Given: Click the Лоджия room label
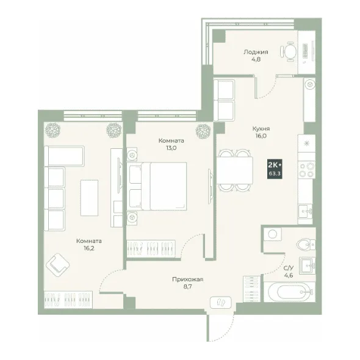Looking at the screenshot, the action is coord(256,52).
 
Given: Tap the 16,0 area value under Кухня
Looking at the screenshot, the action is coord(261,135).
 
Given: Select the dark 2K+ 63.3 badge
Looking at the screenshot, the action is coord(275,169).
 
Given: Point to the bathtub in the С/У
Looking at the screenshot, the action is coord(290,292).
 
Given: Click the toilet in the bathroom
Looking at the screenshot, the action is coord(306,245).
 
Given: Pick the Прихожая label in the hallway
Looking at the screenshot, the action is coord(188,279).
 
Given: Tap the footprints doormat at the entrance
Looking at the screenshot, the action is coord(221,302).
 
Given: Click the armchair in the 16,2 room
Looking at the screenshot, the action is coord(57,265).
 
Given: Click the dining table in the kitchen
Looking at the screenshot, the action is coord(235,170).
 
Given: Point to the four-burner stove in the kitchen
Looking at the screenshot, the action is coord(306,170).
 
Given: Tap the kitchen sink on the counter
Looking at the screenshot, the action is coord(305,211).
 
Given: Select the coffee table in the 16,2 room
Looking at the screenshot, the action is coord(89,198).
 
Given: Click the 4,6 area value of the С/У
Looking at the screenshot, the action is coord(289,275).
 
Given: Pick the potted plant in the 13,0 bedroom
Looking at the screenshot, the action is coord(203,131).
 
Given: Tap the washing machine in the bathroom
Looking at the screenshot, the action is coord(273,234).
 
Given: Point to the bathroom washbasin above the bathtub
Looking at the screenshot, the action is coord(307,265).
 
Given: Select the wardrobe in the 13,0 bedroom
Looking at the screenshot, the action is coord(151,249).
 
